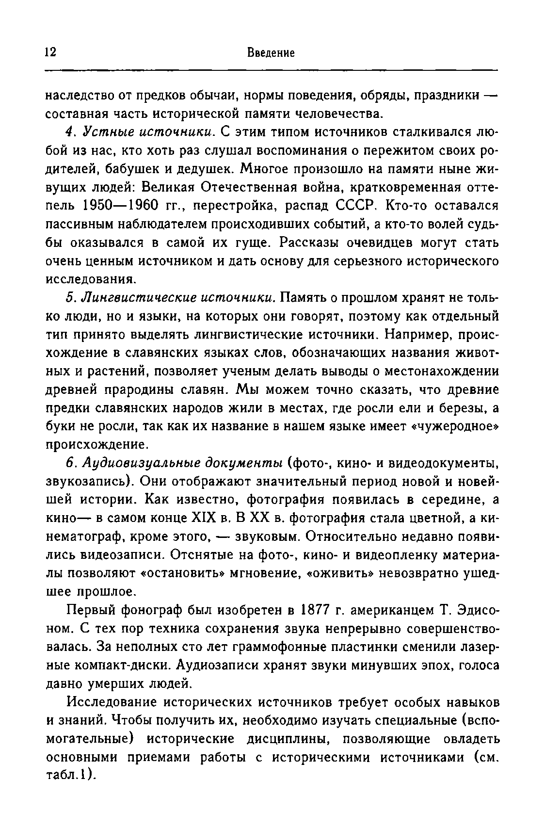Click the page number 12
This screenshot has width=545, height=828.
pos(50,52)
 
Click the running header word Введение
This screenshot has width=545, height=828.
pos(271,52)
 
